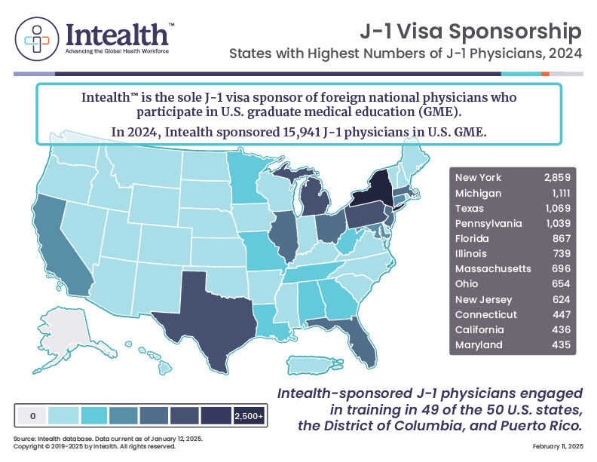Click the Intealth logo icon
pos(37,35)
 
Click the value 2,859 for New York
pos(557,178)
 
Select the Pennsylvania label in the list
pos(488,224)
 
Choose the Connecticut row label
pos(486,314)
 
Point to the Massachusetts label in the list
pos(493,269)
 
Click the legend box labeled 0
pos(32,415)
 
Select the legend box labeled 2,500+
pos(248,415)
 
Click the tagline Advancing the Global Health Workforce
pos(117,51)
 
